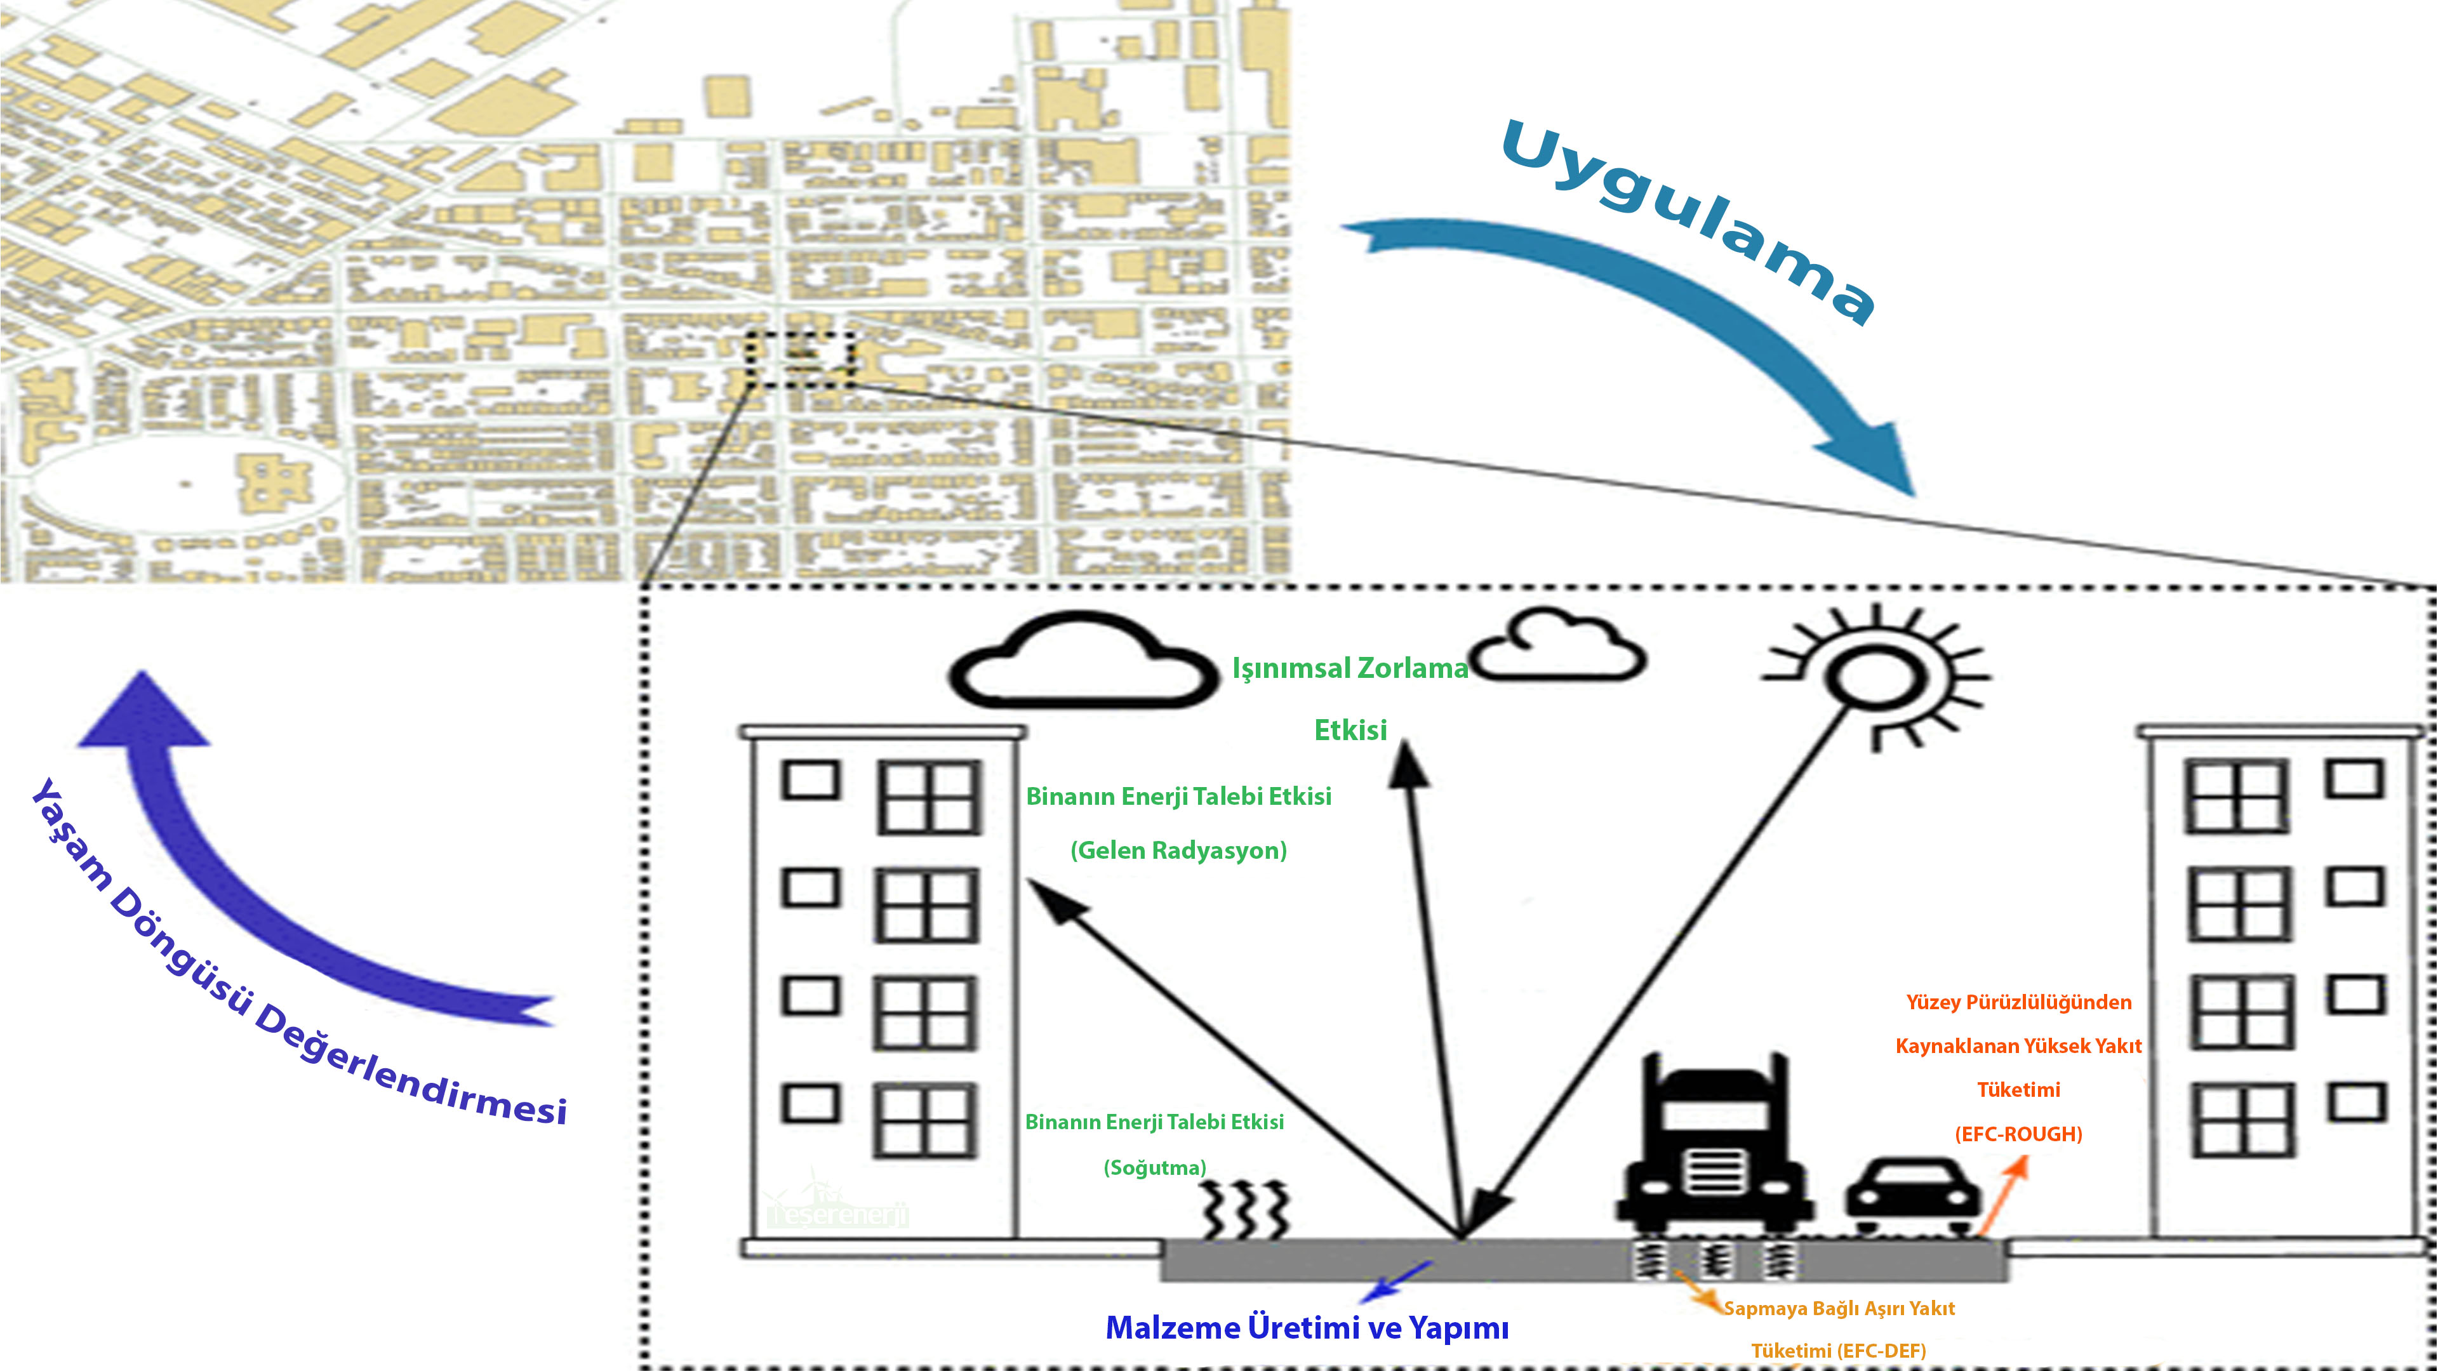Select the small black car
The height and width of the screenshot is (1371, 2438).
(1912, 1197)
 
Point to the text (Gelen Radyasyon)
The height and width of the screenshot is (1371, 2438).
(1178, 851)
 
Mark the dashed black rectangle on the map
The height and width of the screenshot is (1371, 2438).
(800, 359)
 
